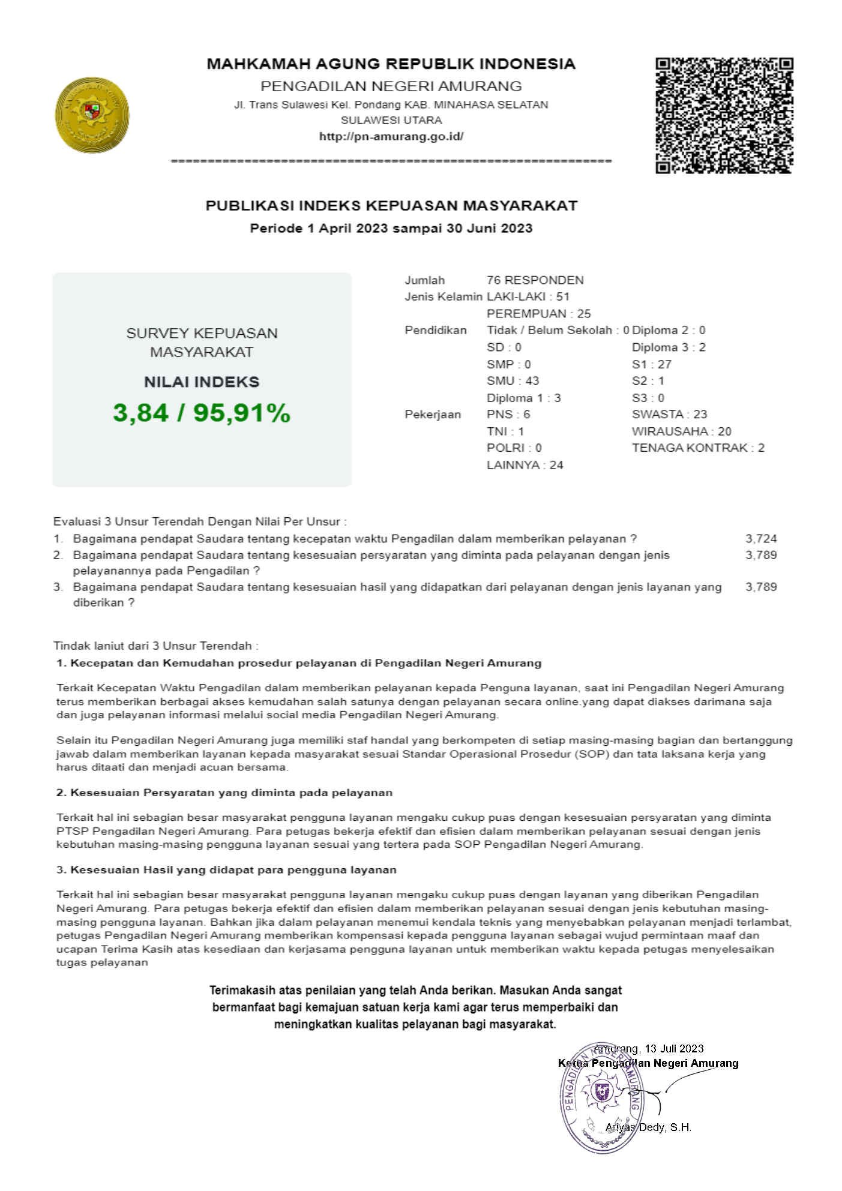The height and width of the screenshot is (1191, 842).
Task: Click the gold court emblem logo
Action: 92,115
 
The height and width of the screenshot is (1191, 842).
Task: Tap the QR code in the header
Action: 724,115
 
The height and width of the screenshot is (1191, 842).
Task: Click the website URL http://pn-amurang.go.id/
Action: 391,136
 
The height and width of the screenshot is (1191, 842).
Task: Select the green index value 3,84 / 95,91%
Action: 202,413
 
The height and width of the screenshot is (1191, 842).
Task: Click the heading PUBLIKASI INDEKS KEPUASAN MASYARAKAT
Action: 391,206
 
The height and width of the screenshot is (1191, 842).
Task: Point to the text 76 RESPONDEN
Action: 535,280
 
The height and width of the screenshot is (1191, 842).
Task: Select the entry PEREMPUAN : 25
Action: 538,313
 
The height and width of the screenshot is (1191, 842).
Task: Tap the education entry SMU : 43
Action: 513,380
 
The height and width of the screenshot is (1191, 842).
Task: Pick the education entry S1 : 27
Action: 651,364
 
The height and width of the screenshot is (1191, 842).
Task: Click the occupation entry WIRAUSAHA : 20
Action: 681,431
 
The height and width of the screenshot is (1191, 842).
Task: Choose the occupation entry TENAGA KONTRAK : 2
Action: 698,448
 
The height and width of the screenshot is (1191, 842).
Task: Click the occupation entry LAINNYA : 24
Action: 525,464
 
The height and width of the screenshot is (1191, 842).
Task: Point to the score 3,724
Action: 761,539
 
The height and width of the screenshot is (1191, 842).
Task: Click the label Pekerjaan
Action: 433,414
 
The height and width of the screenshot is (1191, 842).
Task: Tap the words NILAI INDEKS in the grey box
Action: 202,382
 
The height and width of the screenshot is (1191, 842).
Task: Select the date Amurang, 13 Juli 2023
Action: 648,1048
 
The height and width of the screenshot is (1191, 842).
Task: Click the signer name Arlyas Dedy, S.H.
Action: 648,1127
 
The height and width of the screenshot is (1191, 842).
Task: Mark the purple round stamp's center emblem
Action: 601,1090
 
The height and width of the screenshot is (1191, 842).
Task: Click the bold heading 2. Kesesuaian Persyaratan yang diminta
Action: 224,793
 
